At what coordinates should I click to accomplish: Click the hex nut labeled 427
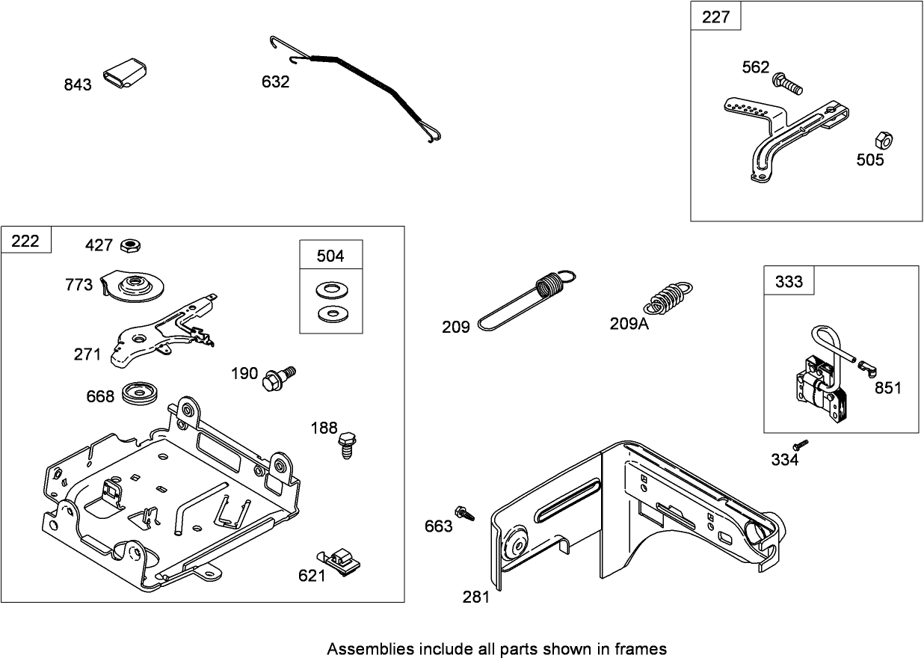click(x=132, y=245)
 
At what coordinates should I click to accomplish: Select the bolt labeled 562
click(x=788, y=82)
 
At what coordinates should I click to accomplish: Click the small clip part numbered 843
click(x=125, y=73)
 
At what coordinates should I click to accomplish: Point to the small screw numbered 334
click(x=801, y=445)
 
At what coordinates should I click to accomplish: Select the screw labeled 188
click(x=346, y=443)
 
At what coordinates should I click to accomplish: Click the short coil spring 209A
click(x=668, y=296)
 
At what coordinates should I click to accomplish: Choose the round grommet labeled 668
click(x=139, y=393)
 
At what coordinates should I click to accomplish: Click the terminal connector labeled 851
click(x=867, y=367)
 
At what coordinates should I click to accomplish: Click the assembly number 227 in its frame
click(x=715, y=17)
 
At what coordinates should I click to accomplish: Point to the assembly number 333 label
click(x=789, y=281)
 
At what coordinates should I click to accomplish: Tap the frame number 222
click(x=25, y=241)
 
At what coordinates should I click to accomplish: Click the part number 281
click(x=476, y=597)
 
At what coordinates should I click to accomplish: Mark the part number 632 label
click(x=275, y=82)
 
